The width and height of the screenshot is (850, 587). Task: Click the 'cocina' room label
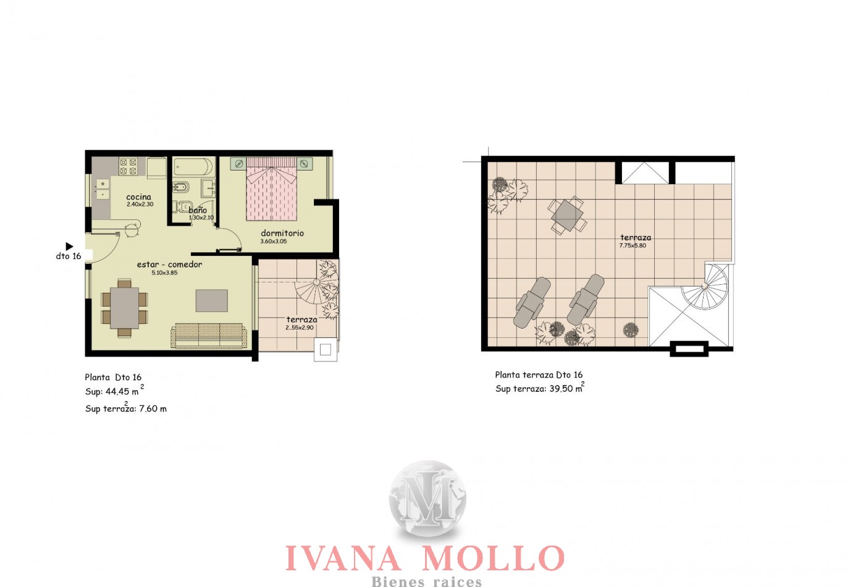[x=138, y=197]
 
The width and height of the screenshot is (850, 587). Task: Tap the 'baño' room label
[x=198, y=210]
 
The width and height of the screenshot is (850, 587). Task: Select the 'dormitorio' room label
[x=282, y=233]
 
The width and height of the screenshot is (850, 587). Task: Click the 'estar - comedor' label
[x=170, y=264]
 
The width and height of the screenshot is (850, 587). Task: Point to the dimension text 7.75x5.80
[x=633, y=245]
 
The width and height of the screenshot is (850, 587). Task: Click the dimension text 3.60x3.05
[x=274, y=242]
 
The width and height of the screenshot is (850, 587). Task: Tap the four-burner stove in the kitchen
[x=128, y=167]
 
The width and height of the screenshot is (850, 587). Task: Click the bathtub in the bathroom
[x=193, y=167]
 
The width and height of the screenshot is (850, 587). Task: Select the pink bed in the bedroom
[x=271, y=189]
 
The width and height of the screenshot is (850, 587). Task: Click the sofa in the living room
[x=209, y=336]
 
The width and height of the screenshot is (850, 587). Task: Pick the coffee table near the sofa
[x=212, y=300]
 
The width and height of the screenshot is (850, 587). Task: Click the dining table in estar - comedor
[x=124, y=308]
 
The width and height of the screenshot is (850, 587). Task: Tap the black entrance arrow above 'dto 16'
[x=69, y=247]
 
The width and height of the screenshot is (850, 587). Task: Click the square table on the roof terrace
[x=567, y=215]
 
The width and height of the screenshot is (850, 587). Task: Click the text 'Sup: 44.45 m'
[x=112, y=392]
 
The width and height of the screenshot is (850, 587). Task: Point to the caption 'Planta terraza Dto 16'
[x=539, y=375]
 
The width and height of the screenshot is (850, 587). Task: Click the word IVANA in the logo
[x=343, y=558]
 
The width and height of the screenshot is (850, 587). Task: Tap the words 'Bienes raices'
[x=426, y=581]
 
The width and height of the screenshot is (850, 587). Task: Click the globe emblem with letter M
[x=427, y=498]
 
